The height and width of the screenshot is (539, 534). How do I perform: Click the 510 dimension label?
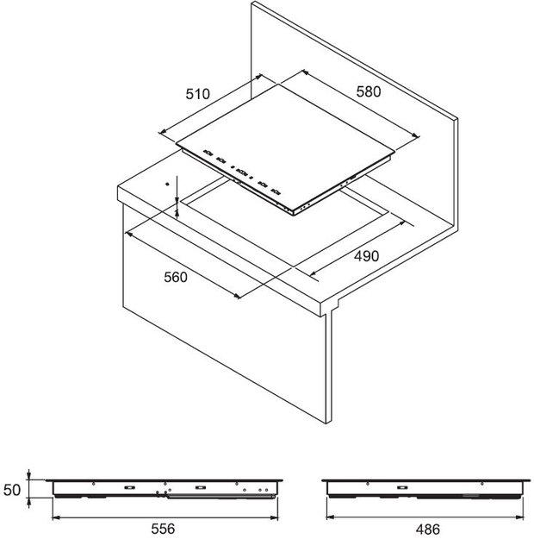197,94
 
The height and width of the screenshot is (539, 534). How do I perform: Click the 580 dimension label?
369,91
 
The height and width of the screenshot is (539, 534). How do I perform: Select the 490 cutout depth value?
366,256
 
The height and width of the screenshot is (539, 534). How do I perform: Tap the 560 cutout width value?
176,277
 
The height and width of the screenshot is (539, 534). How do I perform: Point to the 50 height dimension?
12,490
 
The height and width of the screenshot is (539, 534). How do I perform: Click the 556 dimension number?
163,529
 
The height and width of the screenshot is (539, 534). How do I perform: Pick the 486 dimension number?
427,529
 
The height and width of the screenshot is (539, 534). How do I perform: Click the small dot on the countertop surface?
167,185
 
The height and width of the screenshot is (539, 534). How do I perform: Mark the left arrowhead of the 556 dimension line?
56,517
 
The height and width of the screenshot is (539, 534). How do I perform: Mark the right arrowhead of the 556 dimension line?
274,517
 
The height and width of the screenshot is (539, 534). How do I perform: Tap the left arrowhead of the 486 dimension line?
330,517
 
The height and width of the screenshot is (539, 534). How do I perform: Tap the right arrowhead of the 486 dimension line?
520,517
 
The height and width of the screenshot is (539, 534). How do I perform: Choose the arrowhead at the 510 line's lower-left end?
163,131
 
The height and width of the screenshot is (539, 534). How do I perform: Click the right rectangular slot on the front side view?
200,487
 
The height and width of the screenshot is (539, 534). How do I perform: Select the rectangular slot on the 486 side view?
402,487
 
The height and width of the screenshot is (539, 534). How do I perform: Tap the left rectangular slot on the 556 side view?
129,487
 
